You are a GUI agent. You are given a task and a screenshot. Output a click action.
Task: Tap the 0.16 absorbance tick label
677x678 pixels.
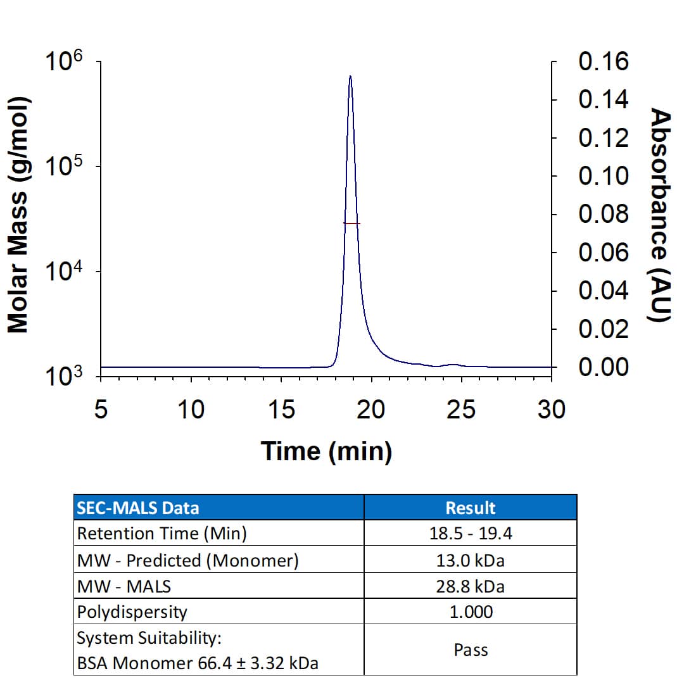[x=603, y=61]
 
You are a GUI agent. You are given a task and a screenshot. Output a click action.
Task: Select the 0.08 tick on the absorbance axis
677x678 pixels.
[x=603, y=215]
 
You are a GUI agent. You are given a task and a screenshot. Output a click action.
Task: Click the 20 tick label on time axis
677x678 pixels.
[x=370, y=410]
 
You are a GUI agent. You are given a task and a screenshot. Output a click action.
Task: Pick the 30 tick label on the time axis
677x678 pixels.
[x=550, y=410]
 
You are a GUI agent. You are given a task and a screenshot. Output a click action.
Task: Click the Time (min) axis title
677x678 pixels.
[x=326, y=452]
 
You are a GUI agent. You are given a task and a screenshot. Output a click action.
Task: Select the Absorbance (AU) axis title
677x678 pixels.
[x=661, y=215]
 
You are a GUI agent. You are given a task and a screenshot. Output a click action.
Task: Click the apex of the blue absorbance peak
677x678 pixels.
[x=350, y=77]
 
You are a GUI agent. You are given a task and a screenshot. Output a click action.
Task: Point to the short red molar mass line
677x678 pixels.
[x=351, y=223]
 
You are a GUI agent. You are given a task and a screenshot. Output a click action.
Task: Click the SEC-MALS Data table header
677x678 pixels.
[x=137, y=508]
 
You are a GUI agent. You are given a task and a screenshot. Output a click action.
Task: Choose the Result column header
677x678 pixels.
[x=471, y=508]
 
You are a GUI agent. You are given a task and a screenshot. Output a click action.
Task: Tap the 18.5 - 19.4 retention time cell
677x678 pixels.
[x=471, y=534]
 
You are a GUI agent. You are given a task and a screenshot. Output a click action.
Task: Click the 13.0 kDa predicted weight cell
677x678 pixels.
[x=471, y=560]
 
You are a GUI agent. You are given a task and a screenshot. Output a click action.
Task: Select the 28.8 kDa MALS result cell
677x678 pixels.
[x=471, y=586]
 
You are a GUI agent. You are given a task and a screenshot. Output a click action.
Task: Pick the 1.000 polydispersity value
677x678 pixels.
[x=471, y=612]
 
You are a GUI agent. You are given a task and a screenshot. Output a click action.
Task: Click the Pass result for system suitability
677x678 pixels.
[x=471, y=650]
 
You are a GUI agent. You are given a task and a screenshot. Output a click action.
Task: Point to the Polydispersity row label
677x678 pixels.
[x=132, y=612]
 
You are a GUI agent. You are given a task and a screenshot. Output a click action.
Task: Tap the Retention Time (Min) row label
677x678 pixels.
[x=161, y=534]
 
